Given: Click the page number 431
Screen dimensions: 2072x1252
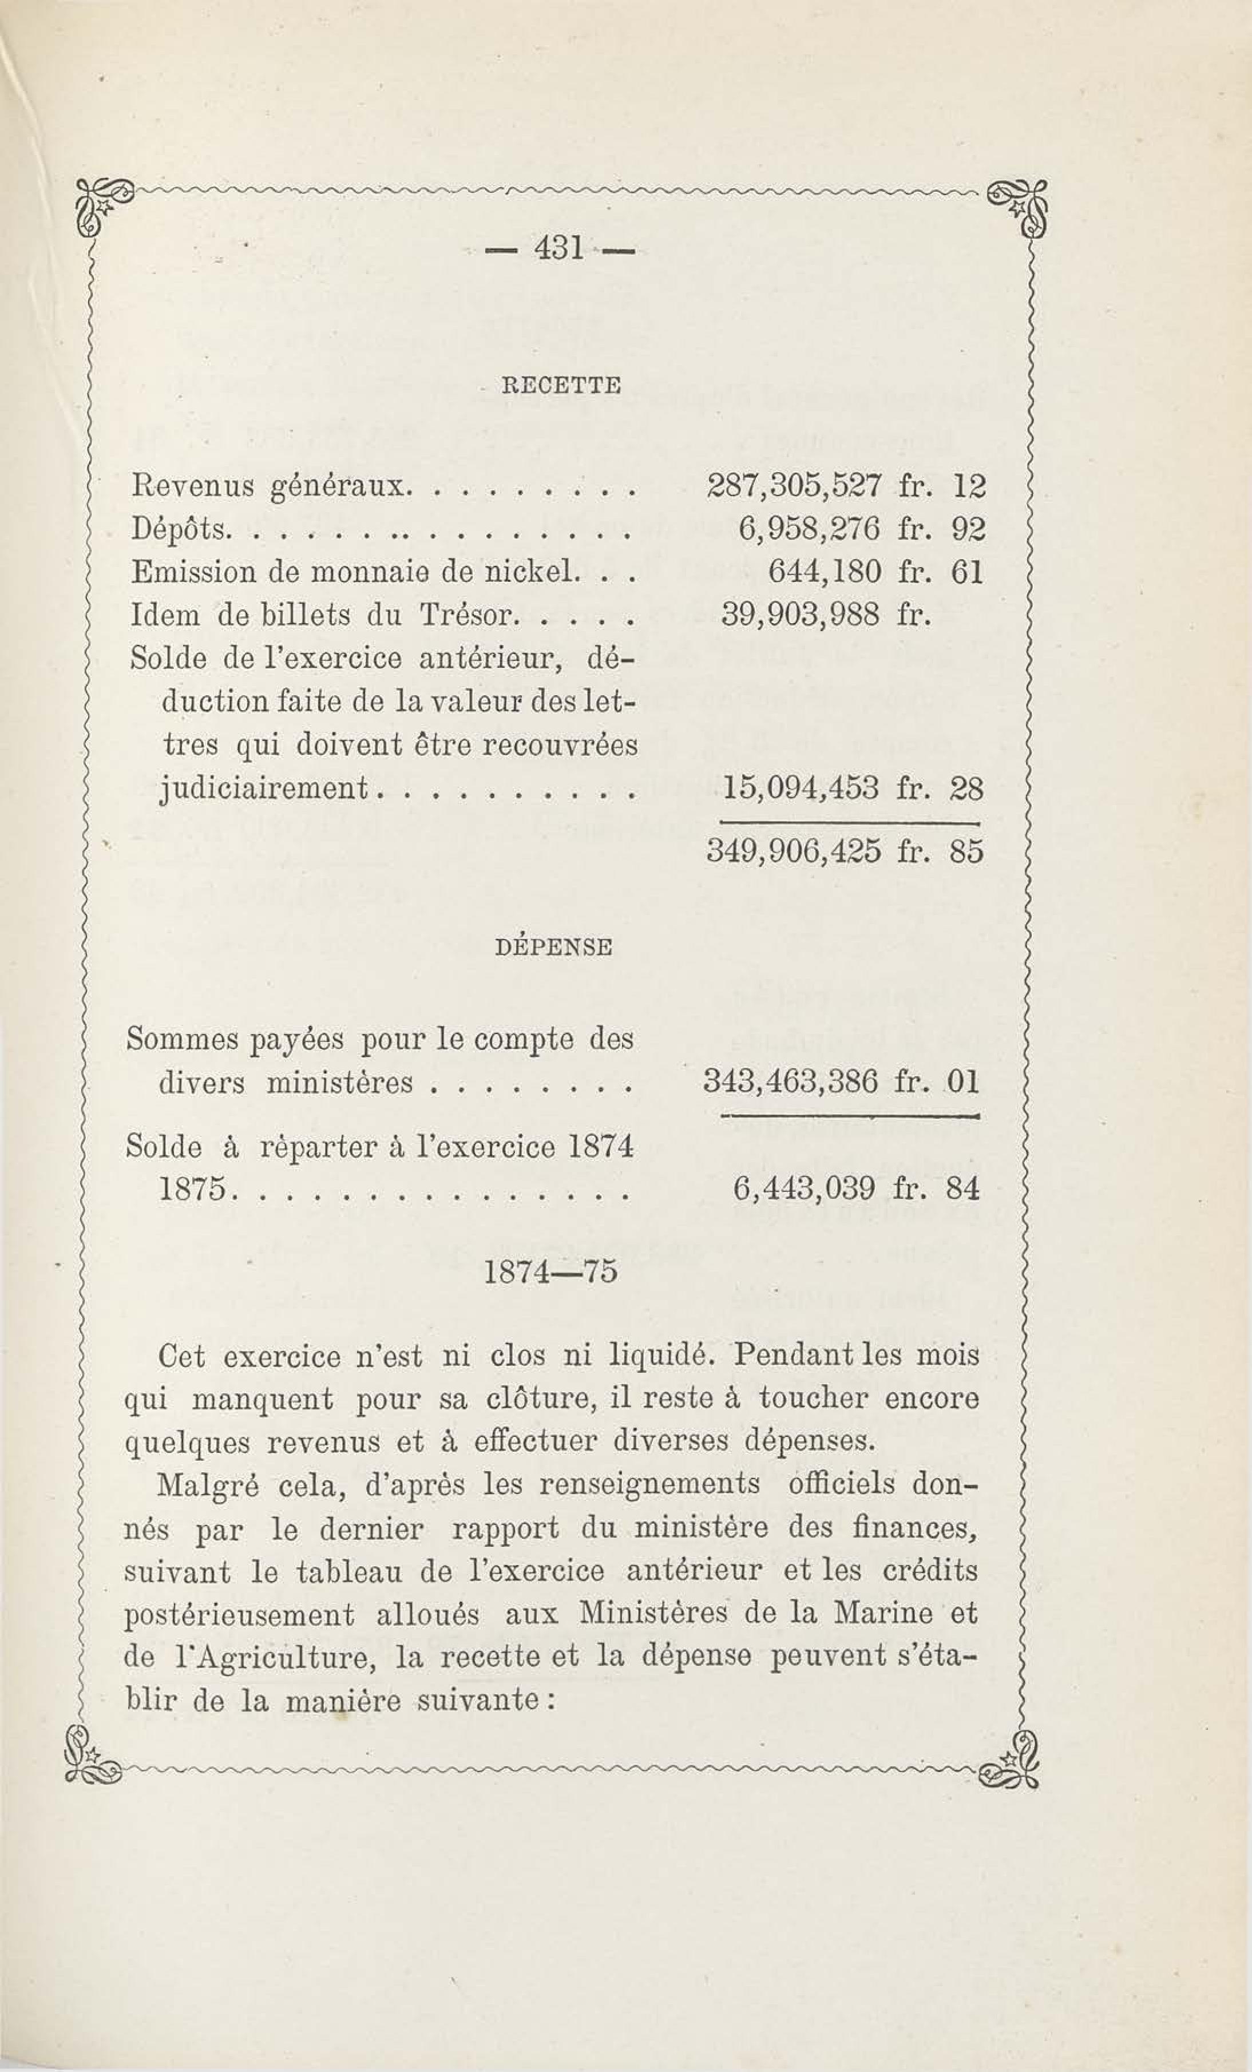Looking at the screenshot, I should point(557,249).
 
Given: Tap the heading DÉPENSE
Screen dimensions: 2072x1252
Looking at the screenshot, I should point(554,947).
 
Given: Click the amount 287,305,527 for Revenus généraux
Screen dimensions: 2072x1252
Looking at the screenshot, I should point(792,486).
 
